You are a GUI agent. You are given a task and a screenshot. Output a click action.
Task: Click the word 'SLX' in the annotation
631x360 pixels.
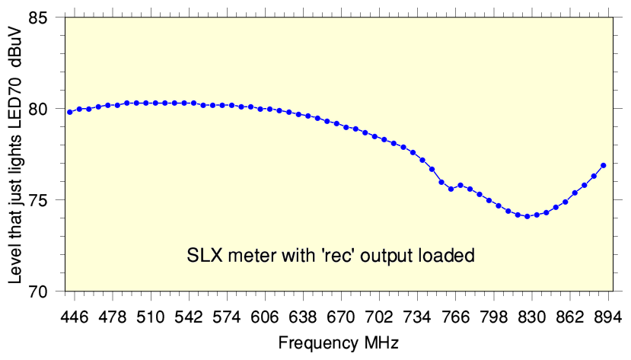pos(203,255)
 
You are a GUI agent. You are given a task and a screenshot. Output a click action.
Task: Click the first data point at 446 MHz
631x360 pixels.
pos(70,112)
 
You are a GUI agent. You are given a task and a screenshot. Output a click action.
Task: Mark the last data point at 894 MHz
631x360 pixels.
pos(603,165)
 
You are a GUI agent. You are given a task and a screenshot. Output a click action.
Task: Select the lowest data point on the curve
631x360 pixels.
pos(527,216)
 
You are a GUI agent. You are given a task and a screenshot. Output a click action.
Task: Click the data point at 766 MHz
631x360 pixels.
pos(451,189)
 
